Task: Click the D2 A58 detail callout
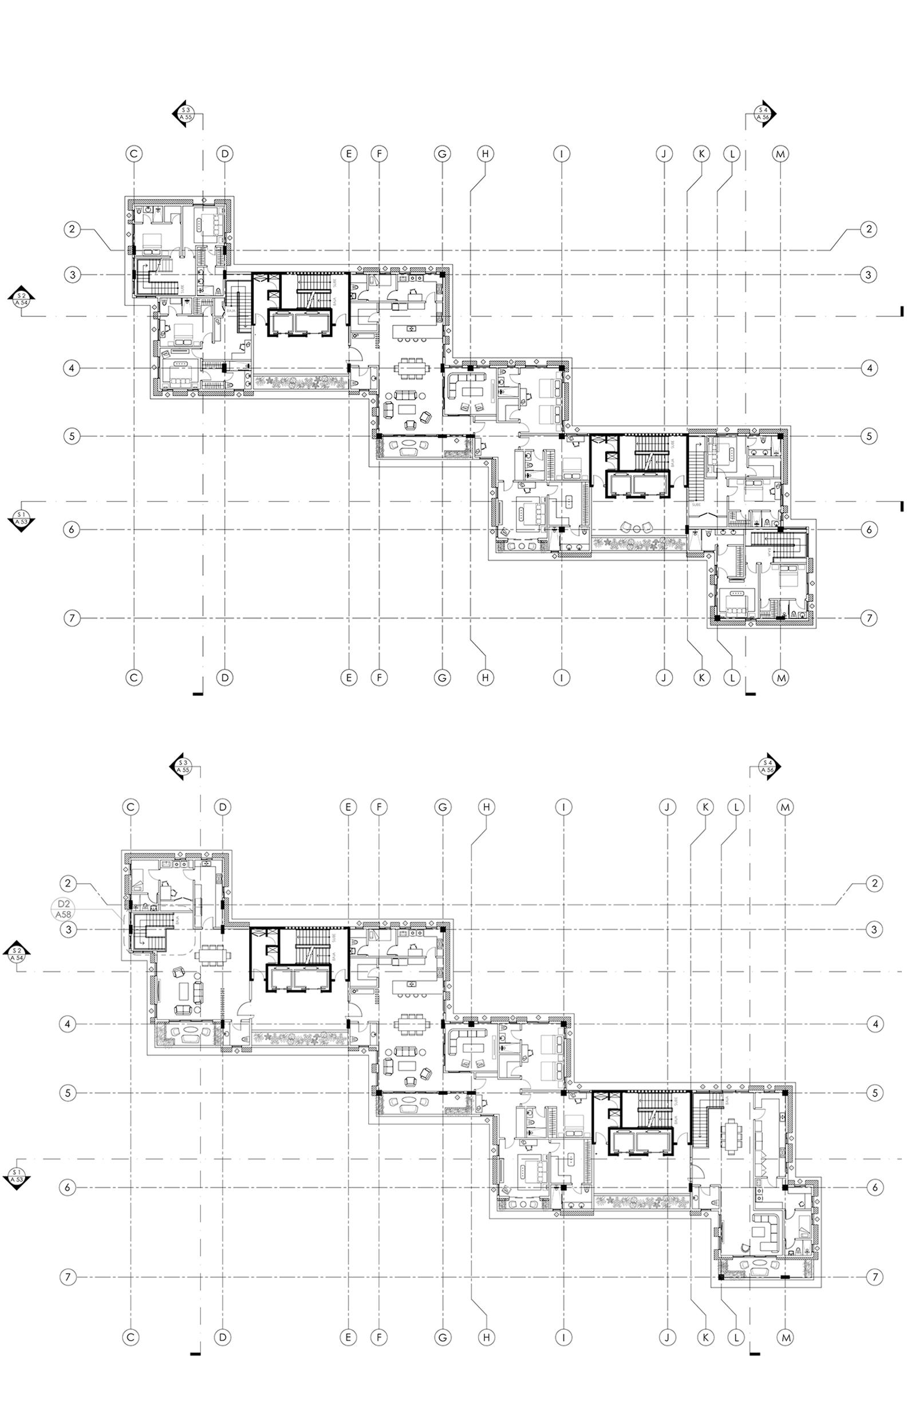pyautogui.click(x=65, y=910)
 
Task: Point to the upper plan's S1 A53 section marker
pyautogui.click(x=22, y=517)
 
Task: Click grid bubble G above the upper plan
pyautogui.click(x=441, y=154)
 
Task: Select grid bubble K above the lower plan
pyautogui.click(x=705, y=808)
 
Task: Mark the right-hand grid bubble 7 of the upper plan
pyautogui.click(x=869, y=618)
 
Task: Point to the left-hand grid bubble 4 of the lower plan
pyautogui.click(x=68, y=1024)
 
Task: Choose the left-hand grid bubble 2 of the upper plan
pyautogui.click(x=72, y=229)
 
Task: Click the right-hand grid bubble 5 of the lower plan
pyautogui.click(x=874, y=1093)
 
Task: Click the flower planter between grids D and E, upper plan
pyautogui.click(x=299, y=380)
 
